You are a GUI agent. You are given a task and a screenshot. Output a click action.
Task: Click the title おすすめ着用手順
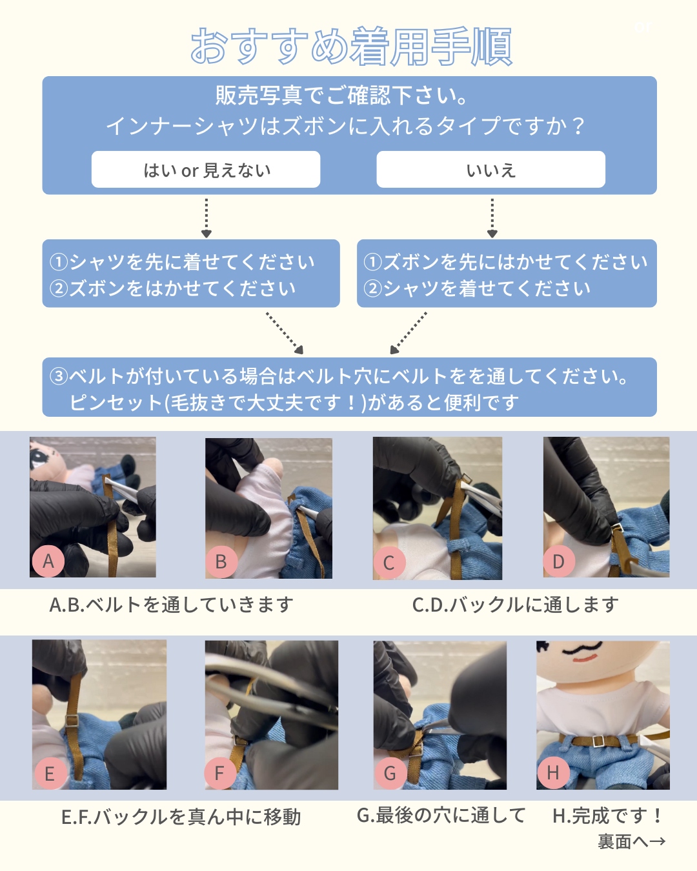point(351,46)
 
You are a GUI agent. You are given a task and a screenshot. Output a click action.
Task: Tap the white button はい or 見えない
point(206,170)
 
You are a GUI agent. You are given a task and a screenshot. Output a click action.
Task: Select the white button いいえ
point(490,170)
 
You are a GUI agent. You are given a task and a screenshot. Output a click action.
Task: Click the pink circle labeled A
point(48,561)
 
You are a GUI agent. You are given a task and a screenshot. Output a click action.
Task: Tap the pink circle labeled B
point(221,561)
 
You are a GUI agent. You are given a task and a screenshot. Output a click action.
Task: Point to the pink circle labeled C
point(389,563)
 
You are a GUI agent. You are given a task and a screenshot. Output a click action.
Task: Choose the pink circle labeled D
point(559,561)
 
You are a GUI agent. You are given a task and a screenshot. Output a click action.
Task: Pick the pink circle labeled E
point(50,773)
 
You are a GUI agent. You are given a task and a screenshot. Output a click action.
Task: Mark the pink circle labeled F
point(219,773)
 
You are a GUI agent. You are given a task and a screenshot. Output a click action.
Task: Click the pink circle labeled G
point(390,773)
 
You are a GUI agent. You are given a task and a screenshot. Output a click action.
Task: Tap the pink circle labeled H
point(553,772)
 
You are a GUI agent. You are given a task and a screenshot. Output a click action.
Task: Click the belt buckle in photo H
point(599,741)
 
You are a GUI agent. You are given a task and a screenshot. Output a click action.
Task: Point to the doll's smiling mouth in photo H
point(585,659)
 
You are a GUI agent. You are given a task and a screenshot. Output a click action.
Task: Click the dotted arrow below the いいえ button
point(492,217)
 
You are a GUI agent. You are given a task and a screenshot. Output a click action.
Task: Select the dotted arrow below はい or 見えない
point(206,217)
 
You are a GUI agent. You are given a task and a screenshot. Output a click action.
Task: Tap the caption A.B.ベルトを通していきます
point(172,605)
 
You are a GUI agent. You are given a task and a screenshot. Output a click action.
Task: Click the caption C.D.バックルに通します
point(515,605)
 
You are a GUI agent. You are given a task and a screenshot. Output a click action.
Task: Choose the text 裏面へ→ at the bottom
point(631,841)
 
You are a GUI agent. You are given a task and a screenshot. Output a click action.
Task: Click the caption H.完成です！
point(607,816)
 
